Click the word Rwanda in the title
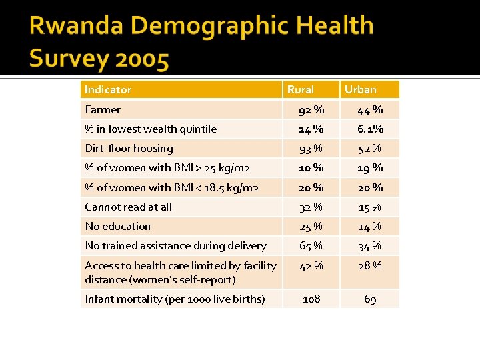75,27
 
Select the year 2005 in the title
141,60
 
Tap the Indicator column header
108,89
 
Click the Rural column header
300,89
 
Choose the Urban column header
361,89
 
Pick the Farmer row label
103,109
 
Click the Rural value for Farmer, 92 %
311,109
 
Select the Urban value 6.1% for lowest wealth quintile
370,129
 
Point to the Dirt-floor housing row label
129,148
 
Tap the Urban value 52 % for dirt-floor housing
370,148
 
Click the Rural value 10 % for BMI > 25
311,168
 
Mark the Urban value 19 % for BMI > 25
370,168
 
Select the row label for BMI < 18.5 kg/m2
172,187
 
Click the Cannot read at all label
128,207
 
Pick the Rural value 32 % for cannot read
311,207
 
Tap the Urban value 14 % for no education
370,227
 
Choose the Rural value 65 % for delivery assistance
311,246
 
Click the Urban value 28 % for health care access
370,266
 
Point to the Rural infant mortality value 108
311,299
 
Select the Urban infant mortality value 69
370,299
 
